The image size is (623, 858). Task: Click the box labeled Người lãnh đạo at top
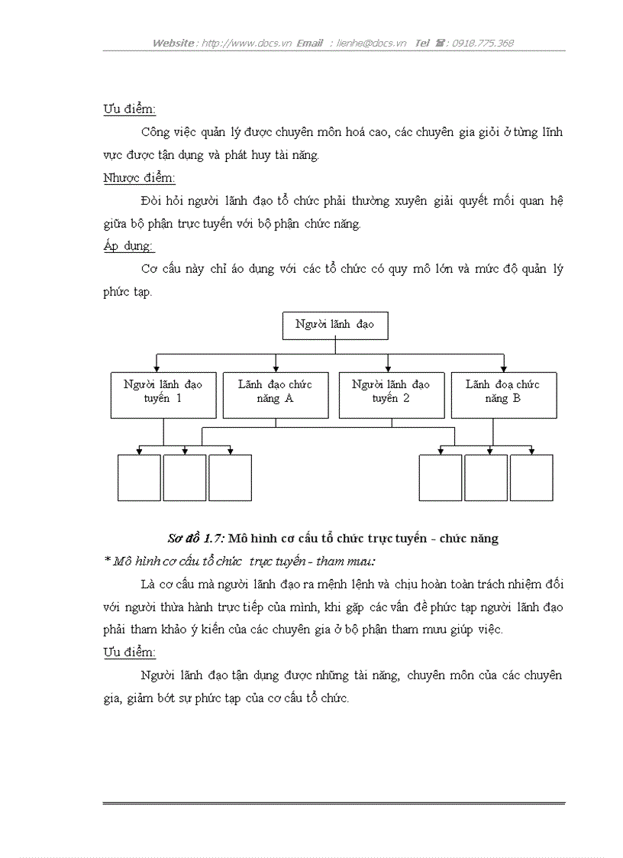(334, 325)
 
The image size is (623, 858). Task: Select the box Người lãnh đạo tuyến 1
(163, 395)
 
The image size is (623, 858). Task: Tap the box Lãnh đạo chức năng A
(276, 395)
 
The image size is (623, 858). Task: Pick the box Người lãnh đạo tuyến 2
(391, 395)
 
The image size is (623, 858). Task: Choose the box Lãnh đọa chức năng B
(503, 395)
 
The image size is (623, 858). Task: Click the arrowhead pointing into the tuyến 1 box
(157, 368)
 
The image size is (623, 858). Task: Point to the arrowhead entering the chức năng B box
(504, 368)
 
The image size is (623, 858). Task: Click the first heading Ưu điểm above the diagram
(129, 109)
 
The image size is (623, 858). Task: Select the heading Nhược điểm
(139, 178)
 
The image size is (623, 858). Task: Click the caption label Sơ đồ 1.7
(195, 539)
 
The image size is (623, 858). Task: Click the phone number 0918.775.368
(483, 44)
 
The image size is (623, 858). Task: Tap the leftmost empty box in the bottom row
(139, 478)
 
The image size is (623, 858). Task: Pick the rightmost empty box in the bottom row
(531, 478)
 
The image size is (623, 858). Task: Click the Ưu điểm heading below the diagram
(129, 652)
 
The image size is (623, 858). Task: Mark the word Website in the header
(173, 44)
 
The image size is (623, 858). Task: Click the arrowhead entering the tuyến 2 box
(389, 368)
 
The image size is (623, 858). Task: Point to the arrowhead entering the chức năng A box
(276, 368)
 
